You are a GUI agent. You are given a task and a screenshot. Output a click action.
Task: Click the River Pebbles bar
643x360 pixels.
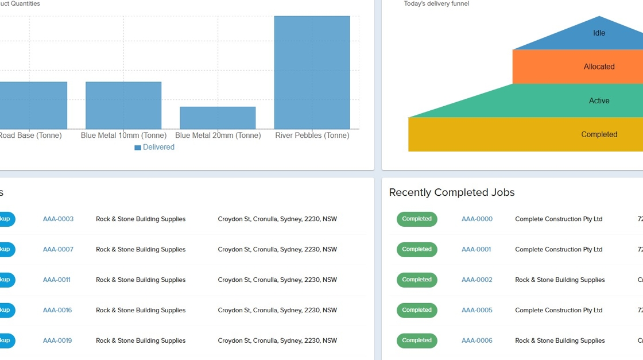point(312,72)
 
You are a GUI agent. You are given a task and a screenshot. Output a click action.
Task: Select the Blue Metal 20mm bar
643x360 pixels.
point(218,118)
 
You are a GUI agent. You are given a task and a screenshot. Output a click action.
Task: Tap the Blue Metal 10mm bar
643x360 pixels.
point(123,105)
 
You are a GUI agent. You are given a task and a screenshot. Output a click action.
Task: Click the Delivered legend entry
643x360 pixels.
point(154,147)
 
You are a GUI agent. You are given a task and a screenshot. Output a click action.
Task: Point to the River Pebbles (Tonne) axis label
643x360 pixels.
point(312,136)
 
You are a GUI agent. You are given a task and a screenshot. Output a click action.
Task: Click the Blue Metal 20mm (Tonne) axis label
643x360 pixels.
point(218,136)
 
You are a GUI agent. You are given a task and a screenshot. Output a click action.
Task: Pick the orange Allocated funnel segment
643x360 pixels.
point(599,67)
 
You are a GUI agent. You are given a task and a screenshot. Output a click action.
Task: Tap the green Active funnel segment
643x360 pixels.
point(599,100)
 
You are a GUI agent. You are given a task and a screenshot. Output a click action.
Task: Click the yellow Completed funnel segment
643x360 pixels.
point(599,134)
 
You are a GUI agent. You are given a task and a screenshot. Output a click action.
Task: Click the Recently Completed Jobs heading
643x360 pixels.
point(452,192)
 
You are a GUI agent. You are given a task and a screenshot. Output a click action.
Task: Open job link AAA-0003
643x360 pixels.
point(58,219)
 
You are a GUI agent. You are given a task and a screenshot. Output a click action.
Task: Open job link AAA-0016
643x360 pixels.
point(57,310)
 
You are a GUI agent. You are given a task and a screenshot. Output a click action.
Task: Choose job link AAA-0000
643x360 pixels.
point(477,219)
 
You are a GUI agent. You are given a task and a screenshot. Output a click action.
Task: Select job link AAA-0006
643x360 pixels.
point(477,340)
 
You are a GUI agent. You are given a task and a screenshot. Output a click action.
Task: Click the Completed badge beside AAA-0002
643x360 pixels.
point(417,280)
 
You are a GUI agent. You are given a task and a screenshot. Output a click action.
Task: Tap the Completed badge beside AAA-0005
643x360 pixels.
point(417,310)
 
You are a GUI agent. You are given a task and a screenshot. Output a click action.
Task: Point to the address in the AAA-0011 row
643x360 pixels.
point(277,280)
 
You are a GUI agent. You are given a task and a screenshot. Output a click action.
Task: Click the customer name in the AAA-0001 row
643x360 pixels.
point(559,249)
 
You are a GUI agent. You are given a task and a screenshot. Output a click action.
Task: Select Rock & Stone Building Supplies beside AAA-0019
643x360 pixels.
point(141,340)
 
